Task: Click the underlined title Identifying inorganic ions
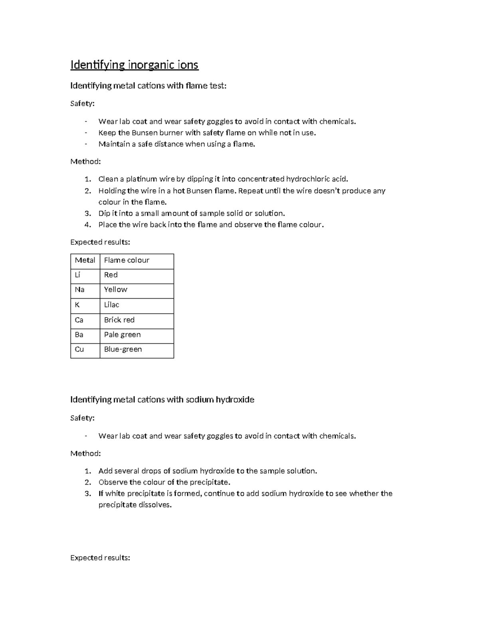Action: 134,65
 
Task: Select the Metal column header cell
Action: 85,260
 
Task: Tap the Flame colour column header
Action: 127,260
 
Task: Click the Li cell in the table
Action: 77,275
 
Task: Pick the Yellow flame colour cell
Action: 115,290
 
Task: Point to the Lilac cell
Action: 111,305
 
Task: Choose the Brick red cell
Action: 119,320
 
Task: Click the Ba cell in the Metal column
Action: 79,335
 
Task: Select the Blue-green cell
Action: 123,349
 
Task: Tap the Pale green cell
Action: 122,335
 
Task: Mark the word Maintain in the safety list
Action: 114,144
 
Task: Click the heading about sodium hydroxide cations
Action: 162,400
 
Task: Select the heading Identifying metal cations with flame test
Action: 148,85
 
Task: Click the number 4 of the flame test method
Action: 88,225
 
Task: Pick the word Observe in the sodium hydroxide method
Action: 113,482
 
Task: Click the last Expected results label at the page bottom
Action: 100,558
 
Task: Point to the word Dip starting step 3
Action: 105,214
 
